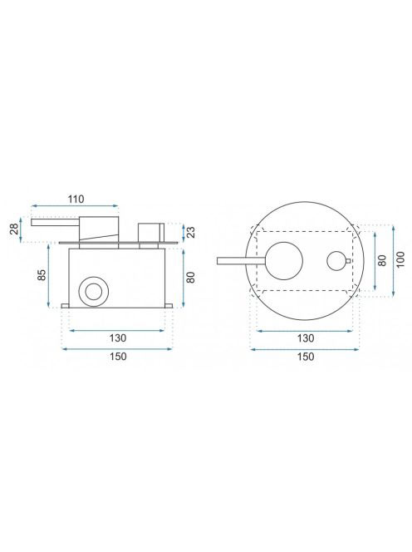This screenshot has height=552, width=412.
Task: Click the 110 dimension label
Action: pos(76,200)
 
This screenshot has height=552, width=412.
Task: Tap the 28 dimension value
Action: pos(14,230)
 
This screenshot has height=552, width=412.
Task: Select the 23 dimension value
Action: pos(191,232)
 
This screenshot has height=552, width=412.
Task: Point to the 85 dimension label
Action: pos(42,274)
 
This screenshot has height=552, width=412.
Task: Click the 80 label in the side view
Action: pos(191,278)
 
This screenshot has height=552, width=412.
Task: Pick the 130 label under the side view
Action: pos(117,338)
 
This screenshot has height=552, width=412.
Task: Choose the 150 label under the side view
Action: pos(117,357)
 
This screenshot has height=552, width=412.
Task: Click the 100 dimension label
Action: pos(400,260)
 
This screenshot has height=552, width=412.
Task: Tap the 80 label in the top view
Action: pos(382,260)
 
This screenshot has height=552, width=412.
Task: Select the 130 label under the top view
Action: pos(306,338)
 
